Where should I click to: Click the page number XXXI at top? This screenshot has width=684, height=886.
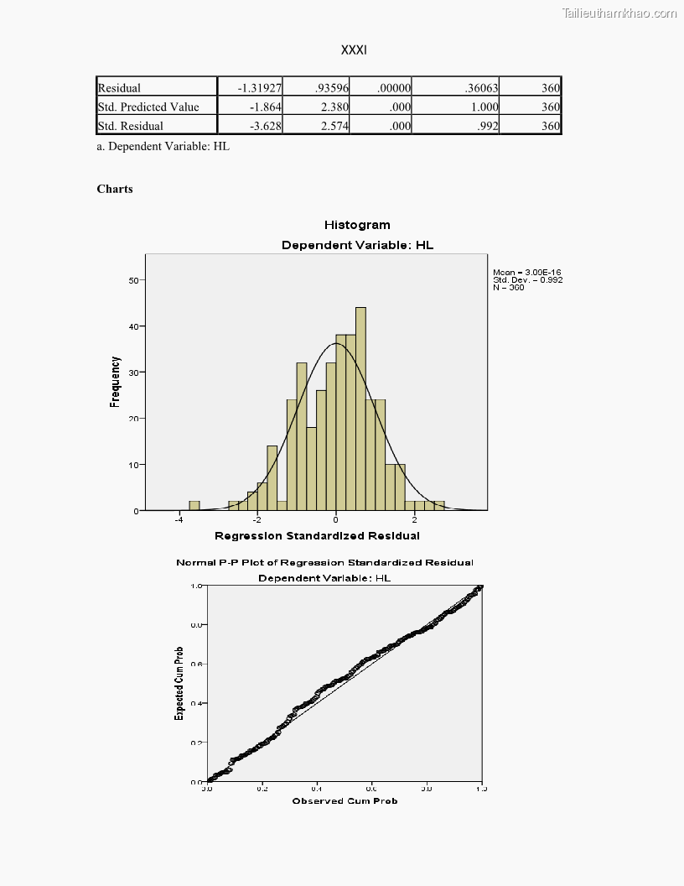tap(354, 50)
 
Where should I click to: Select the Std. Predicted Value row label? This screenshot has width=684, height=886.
tap(148, 107)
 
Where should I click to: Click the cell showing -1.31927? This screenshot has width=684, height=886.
tap(259, 87)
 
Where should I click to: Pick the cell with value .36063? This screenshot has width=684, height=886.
tap(481, 87)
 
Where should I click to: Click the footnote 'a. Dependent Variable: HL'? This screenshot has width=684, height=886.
tap(163, 146)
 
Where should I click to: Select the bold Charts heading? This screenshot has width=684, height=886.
tap(115, 189)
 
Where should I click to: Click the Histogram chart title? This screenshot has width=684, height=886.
tap(357, 225)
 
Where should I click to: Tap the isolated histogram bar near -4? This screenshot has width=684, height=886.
tap(194, 506)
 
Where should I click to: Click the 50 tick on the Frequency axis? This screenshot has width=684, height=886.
tap(132, 279)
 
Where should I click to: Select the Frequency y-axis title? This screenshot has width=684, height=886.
tap(116, 382)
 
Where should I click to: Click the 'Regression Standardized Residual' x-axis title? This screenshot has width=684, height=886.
tap(317, 535)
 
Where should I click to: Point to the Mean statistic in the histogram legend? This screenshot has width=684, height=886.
tap(526, 272)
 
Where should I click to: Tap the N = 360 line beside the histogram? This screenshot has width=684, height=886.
tap(509, 288)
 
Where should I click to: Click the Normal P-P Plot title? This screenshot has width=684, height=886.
tap(324, 562)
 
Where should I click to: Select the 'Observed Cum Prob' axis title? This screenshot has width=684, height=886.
tap(345, 801)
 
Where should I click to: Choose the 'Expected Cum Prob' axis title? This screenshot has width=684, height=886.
tap(179, 683)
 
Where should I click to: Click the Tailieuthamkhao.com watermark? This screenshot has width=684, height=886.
tap(619, 13)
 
